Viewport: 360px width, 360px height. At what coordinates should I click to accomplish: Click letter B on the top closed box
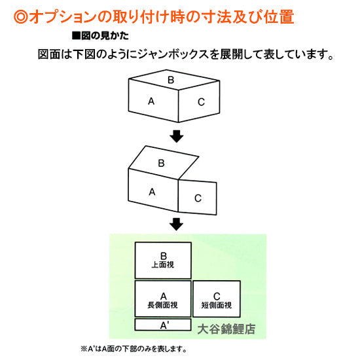pos(171,81)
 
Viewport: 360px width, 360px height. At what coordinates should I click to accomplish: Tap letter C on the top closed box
pos(200,101)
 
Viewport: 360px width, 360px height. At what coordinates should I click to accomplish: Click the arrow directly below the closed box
pos(175,135)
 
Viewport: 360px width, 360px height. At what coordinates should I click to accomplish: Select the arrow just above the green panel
pos(175,224)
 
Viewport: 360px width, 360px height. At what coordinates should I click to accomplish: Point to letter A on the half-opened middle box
pos(152,192)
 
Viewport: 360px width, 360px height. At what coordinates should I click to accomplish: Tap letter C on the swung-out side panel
pos(198,198)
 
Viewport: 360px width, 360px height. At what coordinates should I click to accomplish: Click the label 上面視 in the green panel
pos(164,266)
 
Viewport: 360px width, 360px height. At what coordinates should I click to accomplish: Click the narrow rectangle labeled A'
pos(164,325)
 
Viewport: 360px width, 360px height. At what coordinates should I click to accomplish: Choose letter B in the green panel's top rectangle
pos(164,255)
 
